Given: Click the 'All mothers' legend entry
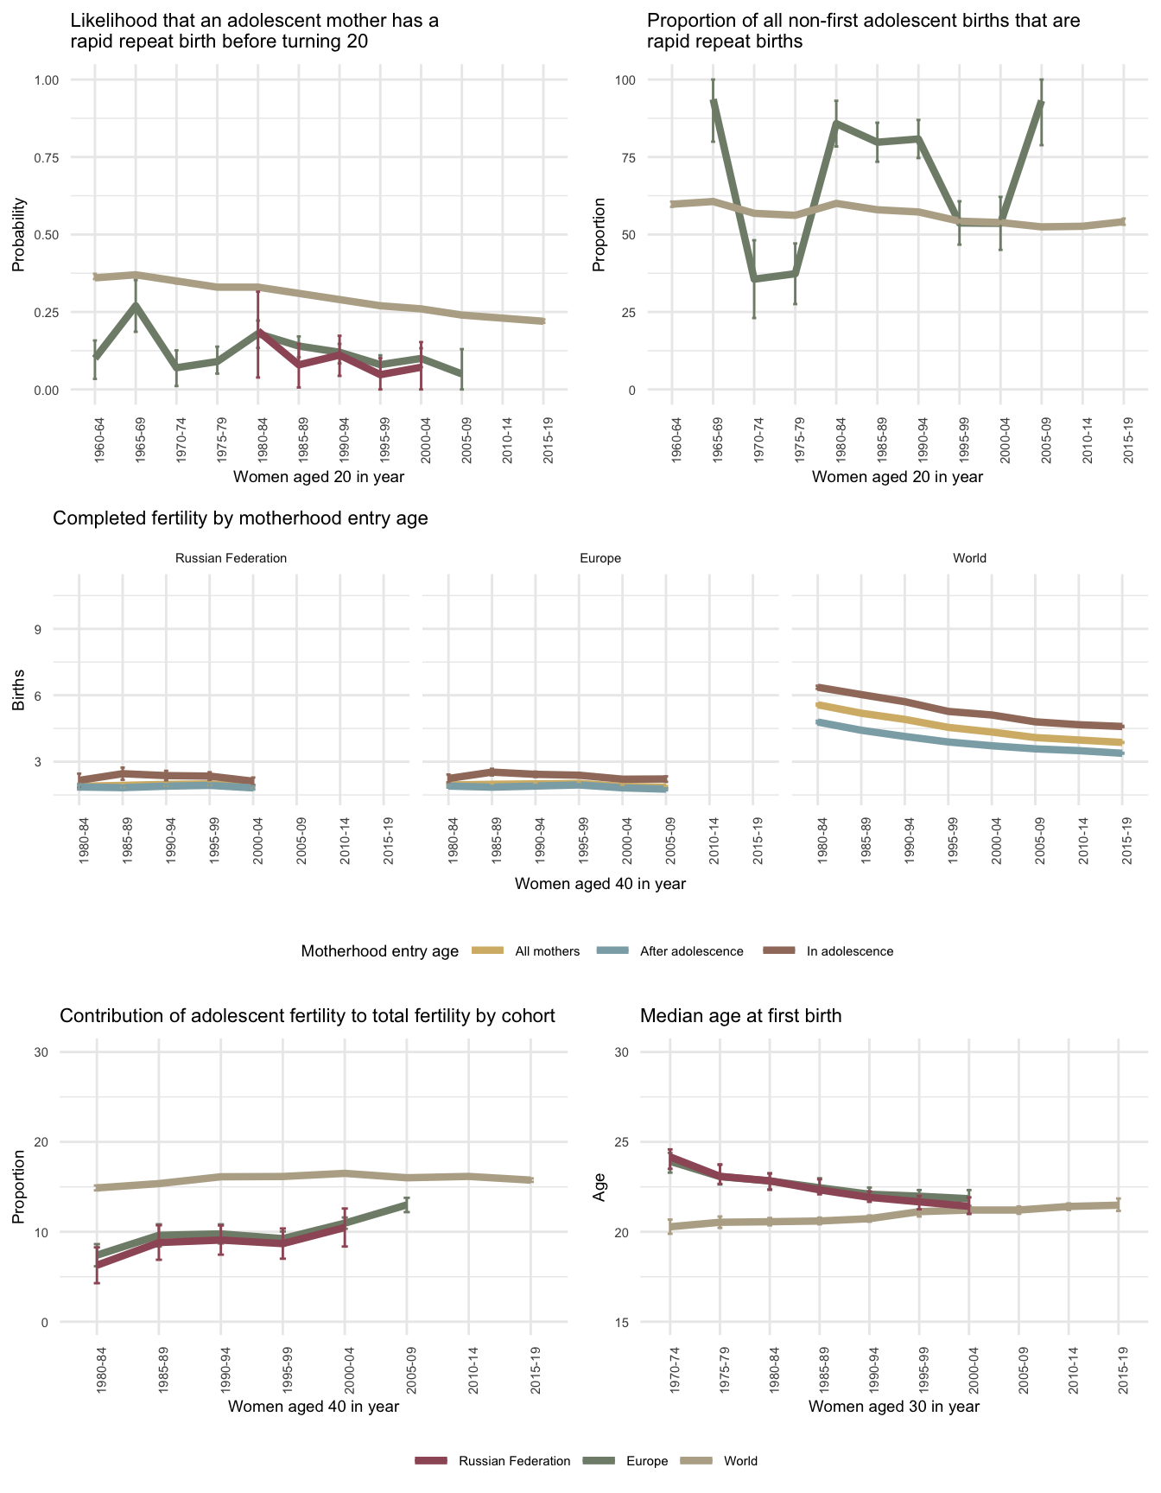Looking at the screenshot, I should pyautogui.click(x=547, y=951).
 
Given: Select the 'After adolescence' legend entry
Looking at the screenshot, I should pyautogui.click(x=691, y=951).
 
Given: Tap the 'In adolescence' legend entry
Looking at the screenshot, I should pyautogui.click(x=850, y=951).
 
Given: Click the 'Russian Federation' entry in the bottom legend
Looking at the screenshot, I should pyautogui.click(x=514, y=1461).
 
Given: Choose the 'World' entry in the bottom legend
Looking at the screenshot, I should pyautogui.click(x=740, y=1461).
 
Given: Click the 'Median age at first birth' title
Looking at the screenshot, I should pyautogui.click(x=740, y=1016).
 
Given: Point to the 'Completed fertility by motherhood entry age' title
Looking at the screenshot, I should pyautogui.click(x=240, y=518).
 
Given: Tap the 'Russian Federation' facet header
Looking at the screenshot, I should pyautogui.click(x=231, y=558).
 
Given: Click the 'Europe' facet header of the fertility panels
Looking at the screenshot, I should pyautogui.click(x=600, y=558).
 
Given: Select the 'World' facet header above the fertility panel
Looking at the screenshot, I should pyautogui.click(x=969, y=558).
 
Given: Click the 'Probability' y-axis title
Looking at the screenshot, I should pyautogui.click(x=18, y=235).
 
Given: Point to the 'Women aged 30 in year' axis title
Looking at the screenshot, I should pyautogui.click(x=894, y=1407).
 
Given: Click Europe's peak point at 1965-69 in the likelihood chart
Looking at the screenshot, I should pyautogui.click(x=136, y=304).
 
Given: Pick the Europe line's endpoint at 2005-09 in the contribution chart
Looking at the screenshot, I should pyautogui.click(x=407, y=1204).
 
